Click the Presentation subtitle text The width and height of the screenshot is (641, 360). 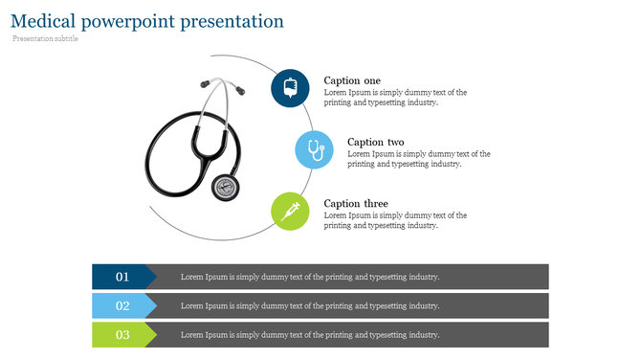tap(46, 39)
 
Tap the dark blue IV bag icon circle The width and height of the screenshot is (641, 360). tap(290, 87)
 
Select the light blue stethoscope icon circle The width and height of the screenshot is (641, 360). tap(314, 149)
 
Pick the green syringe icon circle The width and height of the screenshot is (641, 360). tap(290, 211)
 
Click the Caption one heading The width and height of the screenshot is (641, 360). tap(352, 80)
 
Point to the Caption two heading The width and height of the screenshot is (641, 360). tap(375, 142)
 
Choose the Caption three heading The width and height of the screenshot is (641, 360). tap(356, 204)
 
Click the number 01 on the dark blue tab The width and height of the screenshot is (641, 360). tap(122, 277)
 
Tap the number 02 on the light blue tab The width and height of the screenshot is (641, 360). tap(122, 306)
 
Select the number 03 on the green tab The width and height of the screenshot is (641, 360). tap(122, 335)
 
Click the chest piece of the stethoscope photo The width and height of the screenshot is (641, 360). tap(226, 187)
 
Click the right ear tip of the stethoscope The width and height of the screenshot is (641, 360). tap(238, 92)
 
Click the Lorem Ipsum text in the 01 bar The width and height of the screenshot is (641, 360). tap(310, 277)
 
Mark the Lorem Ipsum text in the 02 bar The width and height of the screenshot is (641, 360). tap(310, 306)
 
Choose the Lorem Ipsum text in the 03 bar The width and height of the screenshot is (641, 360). tap(310, 335)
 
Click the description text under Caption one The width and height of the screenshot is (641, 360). tap(395, 98)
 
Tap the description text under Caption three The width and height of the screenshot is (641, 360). tap(395, 221)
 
